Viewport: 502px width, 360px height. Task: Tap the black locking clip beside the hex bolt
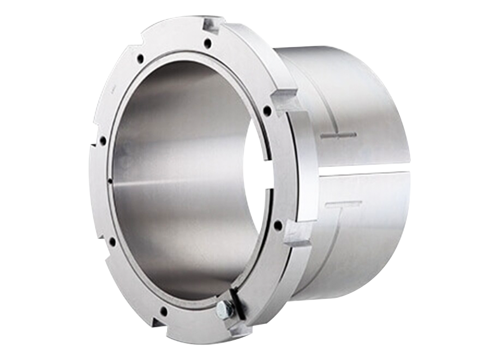click(x=236, y=302)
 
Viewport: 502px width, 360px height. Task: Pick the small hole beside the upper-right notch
click(x=267, y=110)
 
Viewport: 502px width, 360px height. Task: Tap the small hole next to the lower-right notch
click(x=278, y=225)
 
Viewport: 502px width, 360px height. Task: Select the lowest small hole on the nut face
click(x=163, y=311)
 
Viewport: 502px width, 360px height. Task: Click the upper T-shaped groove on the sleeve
click(x=338, y=135)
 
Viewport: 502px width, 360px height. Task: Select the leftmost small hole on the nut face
click(x=103, y=140)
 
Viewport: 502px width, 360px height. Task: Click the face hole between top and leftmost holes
click(x=140, y=58)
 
